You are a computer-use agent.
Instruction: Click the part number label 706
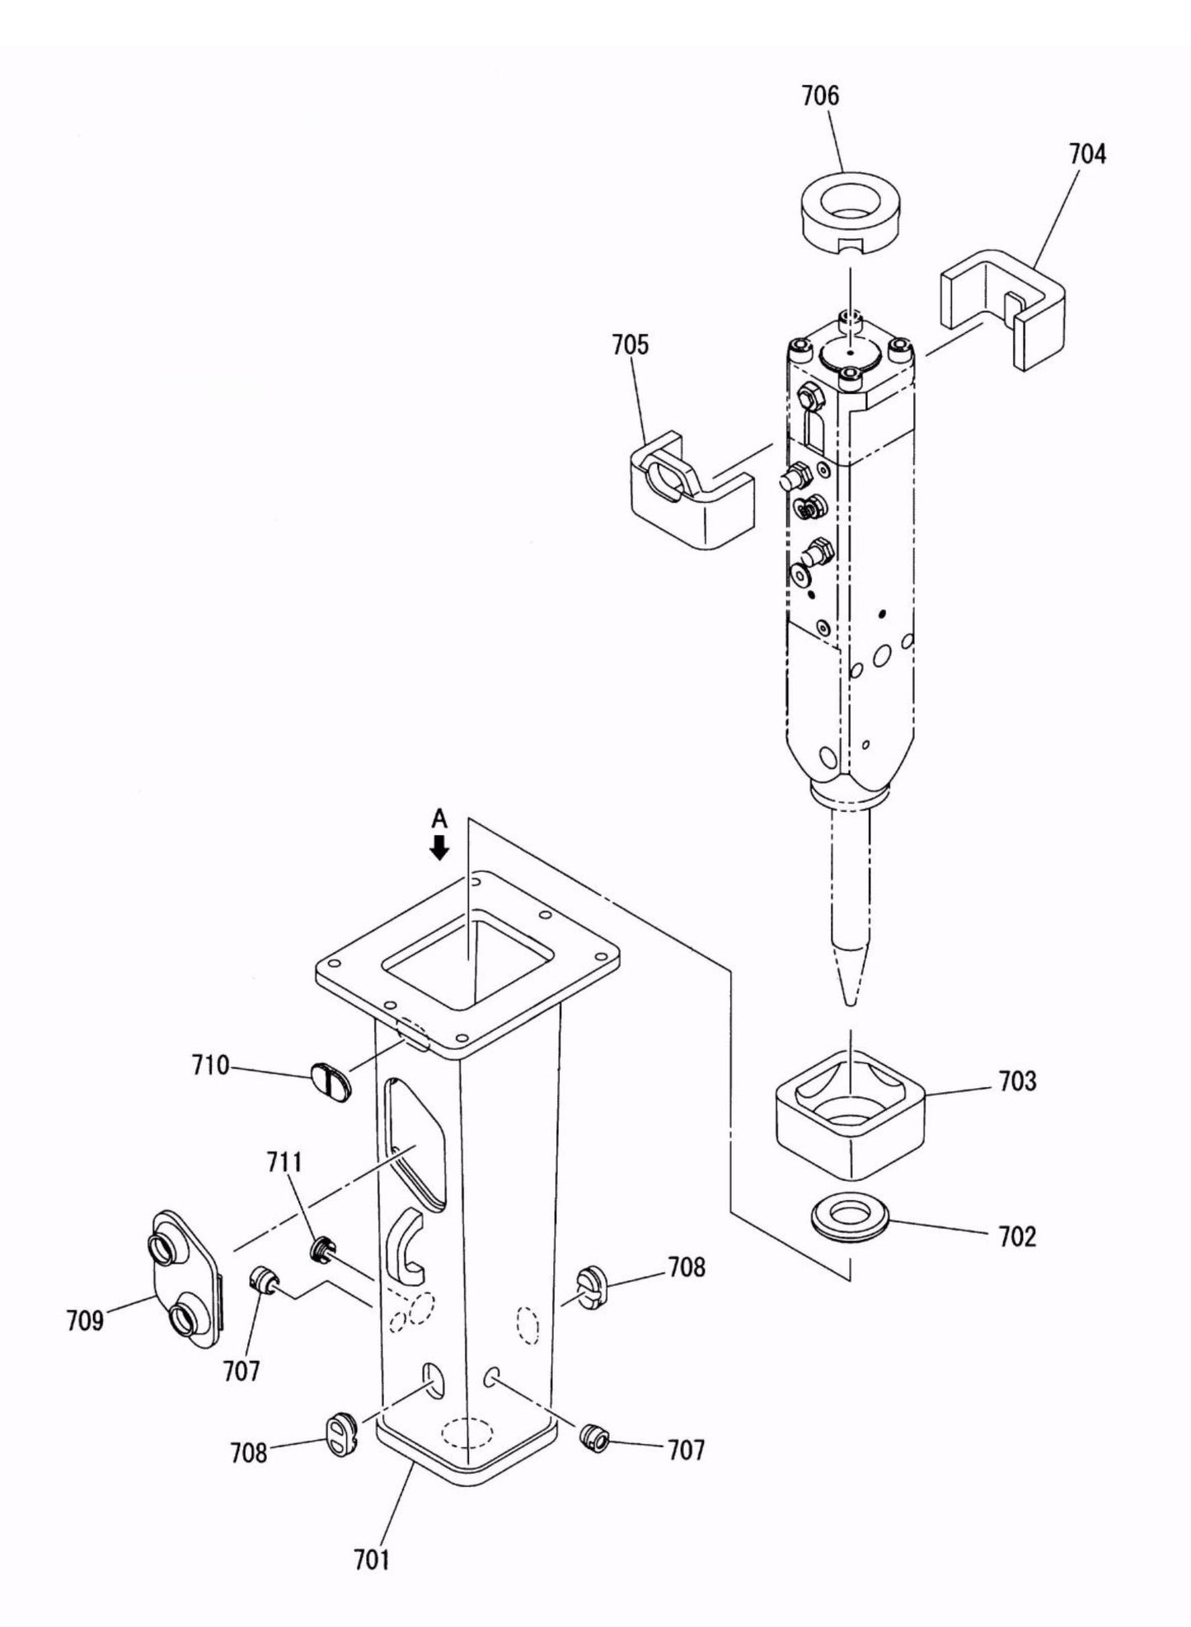820,96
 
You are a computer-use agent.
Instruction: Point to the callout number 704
1087,154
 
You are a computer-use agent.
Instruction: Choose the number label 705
630,345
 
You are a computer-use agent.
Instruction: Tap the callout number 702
1016,1237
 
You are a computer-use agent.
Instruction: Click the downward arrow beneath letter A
440,847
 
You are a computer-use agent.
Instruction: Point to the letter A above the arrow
440,818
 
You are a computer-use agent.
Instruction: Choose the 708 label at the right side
687,1267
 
